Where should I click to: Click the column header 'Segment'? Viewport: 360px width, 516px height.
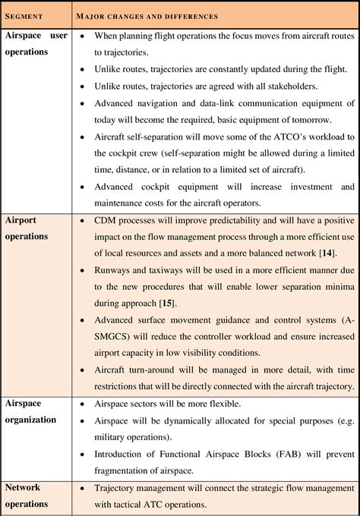tap(26, 15)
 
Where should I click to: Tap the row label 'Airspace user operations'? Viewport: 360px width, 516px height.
tap(36, 43)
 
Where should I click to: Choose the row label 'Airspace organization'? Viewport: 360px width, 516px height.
tap(30, 411)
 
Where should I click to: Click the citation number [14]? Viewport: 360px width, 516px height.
tap(328, 252)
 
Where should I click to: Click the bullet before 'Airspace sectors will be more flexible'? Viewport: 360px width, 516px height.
tap(81, 403)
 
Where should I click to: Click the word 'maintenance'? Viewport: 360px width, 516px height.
tap(123, 202)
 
